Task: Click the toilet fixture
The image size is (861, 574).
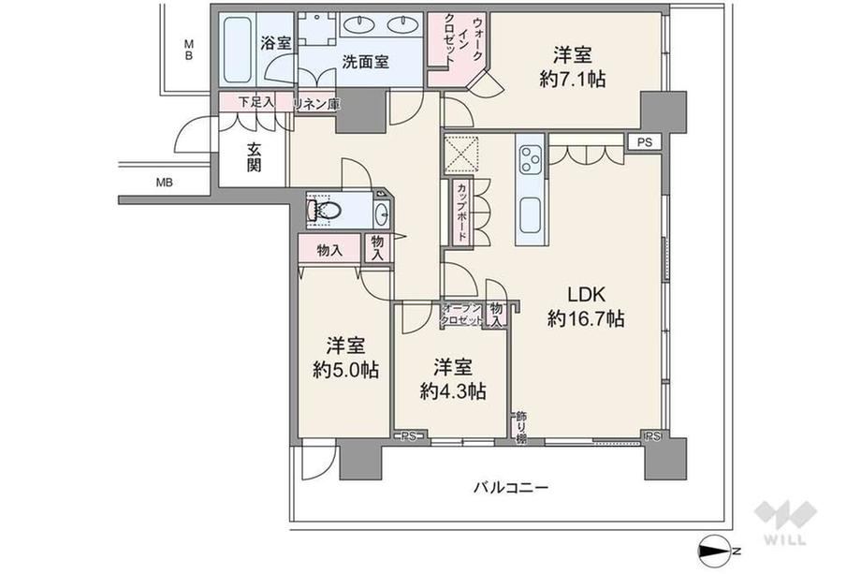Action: tap(325, 209)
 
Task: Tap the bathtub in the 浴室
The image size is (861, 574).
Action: tap(238, 50)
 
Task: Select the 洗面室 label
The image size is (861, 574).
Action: tap(366, 62)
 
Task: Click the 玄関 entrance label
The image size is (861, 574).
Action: tap(253, 157)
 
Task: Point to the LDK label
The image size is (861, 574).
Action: tap(586, 294)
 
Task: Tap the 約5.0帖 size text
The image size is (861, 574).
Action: tap(346, 370)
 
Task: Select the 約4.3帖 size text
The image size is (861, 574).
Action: tap(453, 391)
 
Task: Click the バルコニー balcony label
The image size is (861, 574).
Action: tap(511, 487)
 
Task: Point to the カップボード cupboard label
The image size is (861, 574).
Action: tap(461, 212)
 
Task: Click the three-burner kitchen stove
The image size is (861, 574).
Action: tap(531, 158)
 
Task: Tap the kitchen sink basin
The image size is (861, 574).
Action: tap(531, 214)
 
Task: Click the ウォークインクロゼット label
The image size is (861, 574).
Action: tap(463, 42)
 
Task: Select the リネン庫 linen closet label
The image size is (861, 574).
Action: tap(317, 104)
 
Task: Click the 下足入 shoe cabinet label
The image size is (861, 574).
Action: tap(255, 102)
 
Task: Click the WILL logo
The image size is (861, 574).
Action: tap(785, 522)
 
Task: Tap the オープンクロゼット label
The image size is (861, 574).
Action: tap(462, 315)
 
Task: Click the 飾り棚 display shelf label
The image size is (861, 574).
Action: tap(520, 427)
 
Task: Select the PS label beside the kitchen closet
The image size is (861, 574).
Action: tap(645, 142)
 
